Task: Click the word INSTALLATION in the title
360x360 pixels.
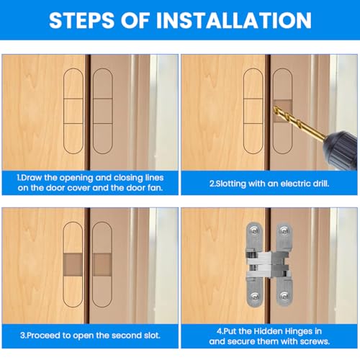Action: pos(234,20)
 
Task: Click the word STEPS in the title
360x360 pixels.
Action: pos(81,20)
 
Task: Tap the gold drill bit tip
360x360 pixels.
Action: pos(275,109)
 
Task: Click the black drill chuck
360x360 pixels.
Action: pos(341,149)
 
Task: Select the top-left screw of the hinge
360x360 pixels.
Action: pos(254,230)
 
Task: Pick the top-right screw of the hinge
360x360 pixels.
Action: pos(284,230)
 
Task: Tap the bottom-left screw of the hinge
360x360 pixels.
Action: pos(254,297)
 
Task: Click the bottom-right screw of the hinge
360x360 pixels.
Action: pos(284,297)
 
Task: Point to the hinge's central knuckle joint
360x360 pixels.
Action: pos(269,264)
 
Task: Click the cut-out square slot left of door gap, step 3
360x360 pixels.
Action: pos(73,265)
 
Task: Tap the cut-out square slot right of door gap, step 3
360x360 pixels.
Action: pos(102,265)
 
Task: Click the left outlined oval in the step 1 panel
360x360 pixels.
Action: pos(63,111)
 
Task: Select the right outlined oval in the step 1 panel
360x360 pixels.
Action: pos(93,111)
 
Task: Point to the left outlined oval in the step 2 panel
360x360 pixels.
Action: pos(243,111)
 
